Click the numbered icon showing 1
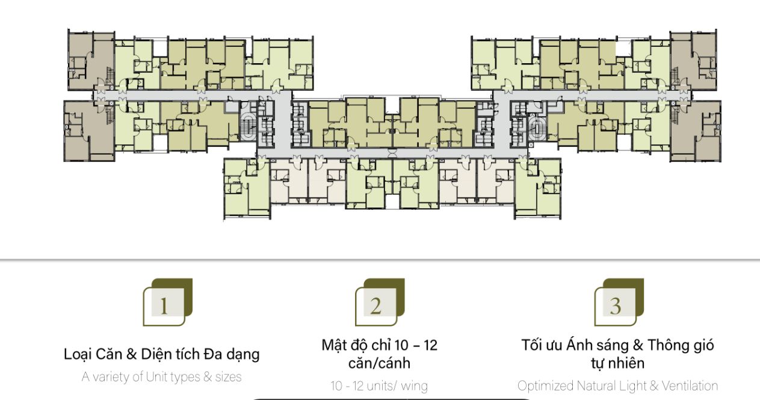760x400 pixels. (168, 303)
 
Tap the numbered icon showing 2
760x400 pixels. (380, 303)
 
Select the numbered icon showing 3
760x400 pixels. (619, 303)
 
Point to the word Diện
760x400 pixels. (156, 354)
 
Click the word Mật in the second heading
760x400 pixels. (334, 345)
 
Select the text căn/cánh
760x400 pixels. (379, 363)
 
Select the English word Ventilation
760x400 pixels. (690, 386)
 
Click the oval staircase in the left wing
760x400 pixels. (249, 126)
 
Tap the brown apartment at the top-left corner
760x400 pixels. (91, 61)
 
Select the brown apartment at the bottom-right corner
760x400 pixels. (696, 131)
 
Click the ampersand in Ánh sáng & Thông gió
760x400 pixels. (638, 345)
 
